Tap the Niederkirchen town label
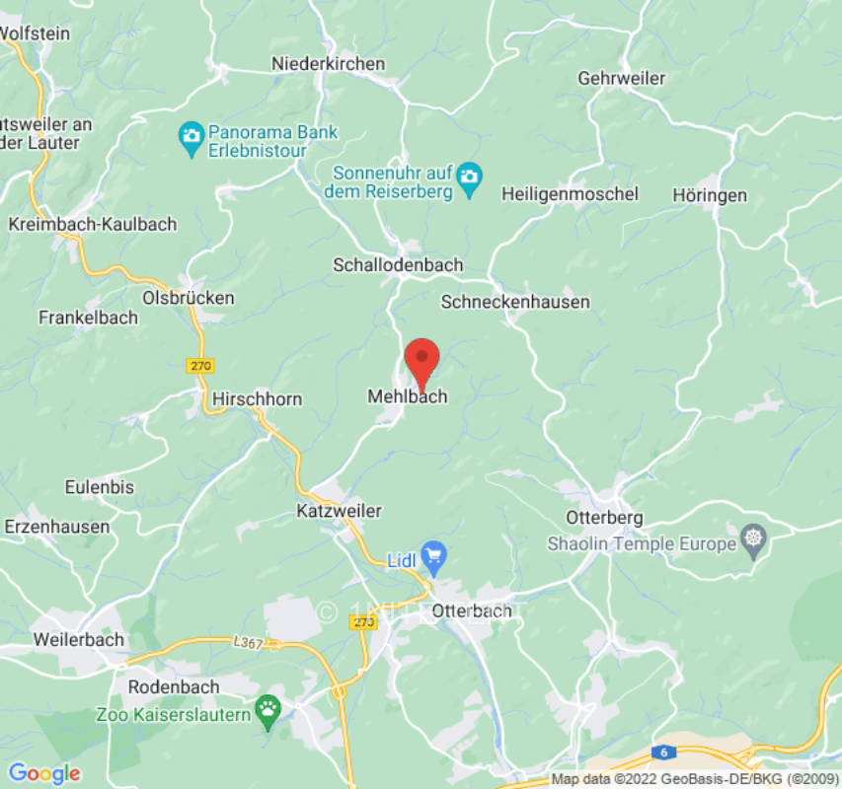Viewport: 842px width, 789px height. [x=329, y=64]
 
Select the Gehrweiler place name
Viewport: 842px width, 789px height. [x=622, y=78]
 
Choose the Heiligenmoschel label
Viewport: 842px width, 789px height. [x=570, y=194]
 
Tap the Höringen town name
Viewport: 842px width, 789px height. [x=710, y=195]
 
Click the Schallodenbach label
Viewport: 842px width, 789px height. [x=398, y=265]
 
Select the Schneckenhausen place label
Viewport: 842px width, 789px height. [x=515, y=302]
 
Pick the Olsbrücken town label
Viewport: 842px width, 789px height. [x=189, y=297]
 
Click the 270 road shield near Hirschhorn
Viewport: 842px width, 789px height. [x=199, y=366]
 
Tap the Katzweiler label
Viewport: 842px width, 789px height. [x=339, y=511]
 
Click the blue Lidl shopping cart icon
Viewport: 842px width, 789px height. [x=433, y=555]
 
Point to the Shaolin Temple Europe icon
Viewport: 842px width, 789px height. [x=755, y=539]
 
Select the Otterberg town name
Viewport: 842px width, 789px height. [x=605, y=518]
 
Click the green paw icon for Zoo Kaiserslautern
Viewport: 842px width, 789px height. [x=268, y=707]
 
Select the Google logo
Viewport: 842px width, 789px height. [x=44, y=773]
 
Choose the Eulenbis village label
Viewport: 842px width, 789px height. [x=99, y=487]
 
